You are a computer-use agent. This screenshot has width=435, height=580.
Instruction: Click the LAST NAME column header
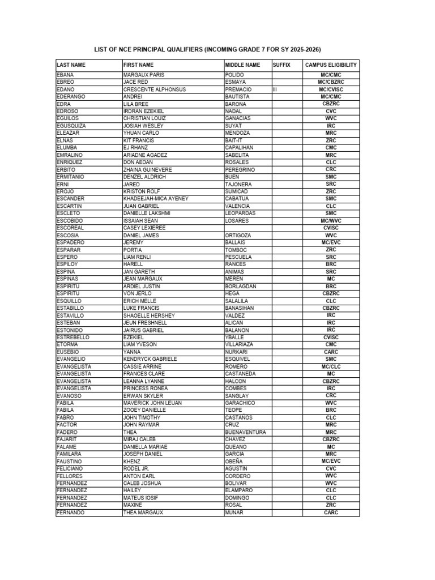[71, 65]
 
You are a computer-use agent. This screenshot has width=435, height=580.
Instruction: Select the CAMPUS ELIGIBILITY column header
[331, 65]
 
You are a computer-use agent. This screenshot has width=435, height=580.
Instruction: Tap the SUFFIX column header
[281, 65]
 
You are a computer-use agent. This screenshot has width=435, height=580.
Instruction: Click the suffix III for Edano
[275, 89]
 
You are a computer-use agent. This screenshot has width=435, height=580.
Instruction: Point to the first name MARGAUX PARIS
[143, 75]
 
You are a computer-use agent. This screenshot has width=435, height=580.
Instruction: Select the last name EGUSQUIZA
[71, 126]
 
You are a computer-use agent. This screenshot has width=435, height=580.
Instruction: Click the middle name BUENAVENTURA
[245, 432]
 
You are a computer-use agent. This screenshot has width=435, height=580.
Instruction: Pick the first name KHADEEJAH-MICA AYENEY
[156, 199]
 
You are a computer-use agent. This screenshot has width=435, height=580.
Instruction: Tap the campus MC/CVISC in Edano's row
[331, 89]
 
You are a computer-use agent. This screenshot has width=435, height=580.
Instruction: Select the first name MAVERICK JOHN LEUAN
[152, 403]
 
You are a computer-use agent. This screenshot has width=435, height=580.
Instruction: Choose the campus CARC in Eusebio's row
[331, 352]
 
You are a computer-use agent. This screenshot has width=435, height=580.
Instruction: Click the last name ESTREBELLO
[73, 337]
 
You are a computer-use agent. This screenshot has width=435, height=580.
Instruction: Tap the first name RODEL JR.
[137, 469]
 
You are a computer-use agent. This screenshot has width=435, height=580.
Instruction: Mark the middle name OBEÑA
[234, 462]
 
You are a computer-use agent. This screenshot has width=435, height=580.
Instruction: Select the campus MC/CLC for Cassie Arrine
[331, 366]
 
